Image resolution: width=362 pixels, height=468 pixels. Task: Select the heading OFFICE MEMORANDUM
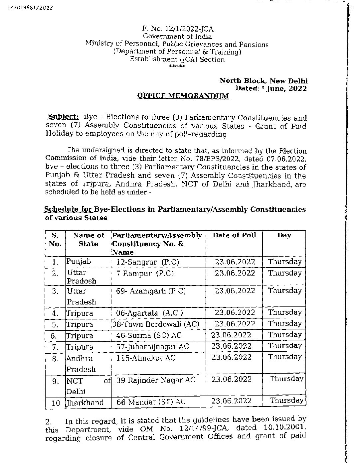[183, 96]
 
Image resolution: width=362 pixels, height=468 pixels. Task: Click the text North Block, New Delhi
[264, 81]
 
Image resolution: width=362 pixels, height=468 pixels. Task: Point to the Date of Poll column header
[234, 235]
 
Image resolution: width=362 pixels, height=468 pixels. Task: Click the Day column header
[284, 235]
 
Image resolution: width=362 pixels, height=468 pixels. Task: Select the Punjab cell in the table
[79, 262]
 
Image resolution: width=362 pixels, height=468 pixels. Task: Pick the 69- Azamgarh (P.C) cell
[151, 291]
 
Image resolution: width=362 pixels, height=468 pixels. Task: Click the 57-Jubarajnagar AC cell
[152, 346]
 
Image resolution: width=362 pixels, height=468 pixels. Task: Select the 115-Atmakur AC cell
[146, 358]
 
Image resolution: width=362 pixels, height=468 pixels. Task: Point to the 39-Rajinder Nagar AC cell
[155, 380]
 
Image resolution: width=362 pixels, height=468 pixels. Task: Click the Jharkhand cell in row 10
[85, 403]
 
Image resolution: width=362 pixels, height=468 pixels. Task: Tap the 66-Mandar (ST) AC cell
[151, 402]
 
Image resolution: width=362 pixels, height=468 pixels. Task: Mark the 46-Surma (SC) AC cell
[149, 335]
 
